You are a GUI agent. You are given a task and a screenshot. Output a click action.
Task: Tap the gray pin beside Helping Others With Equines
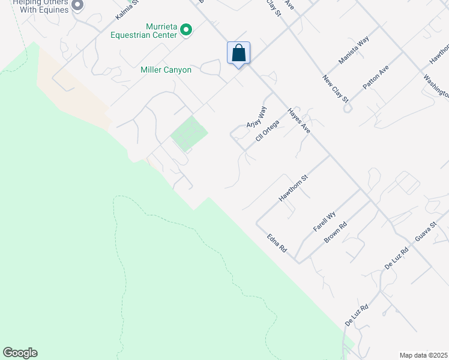click(x=77, y=5)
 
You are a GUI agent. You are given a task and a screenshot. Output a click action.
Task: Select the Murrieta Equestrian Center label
click(x=144, y=30)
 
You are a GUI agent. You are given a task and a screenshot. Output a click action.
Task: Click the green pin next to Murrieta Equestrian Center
click(x=186, y=29)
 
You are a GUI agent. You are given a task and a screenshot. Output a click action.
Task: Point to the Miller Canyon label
click(x=166, y=70)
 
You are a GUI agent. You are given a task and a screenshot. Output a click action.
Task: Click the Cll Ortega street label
click(x=268, y=130)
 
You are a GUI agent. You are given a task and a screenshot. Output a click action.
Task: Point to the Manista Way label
click(x=354, y=50)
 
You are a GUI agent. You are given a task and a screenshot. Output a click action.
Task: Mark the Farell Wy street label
click(x=324, y=221)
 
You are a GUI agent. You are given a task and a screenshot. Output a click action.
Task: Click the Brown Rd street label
click(x=336, y=233)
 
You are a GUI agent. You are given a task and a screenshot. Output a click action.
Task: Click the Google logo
click(x=20, y=353)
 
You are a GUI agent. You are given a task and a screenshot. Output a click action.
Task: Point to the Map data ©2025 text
click(x=423, y=355)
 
